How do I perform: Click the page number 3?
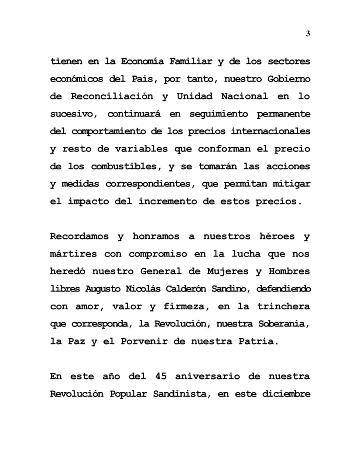click(x=308, y=34)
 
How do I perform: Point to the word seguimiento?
click(x=218, y=114)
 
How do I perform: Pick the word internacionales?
click(x=271, y=131)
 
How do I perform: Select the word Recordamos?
click(x=79, y=236)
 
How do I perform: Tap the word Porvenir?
click(x=141, y=341)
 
